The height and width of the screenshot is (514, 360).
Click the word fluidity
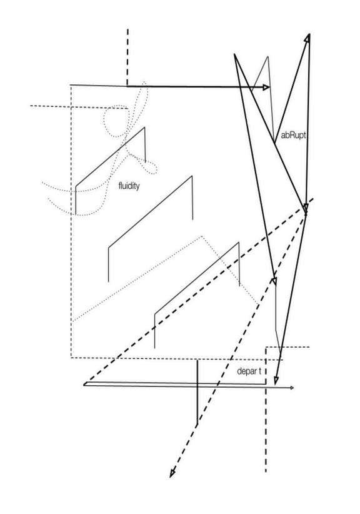tap(129, 186)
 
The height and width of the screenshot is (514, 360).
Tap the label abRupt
tap(293, 136)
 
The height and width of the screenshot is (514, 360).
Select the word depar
tap(246, 371)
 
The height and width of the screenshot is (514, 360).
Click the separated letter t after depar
tap(260, 371)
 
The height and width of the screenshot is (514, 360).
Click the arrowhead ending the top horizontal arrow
tap(266, 87)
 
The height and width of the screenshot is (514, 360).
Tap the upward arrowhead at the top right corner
tap(307, 38)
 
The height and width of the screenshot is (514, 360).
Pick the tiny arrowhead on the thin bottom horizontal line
tap(292, 388)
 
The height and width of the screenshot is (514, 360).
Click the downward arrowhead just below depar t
tap(276, 381)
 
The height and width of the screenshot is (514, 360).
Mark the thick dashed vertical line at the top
tap(127, 58)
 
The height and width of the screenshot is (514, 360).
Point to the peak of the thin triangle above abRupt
tap(268, 56)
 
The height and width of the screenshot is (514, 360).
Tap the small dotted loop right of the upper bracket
tap(150, 167)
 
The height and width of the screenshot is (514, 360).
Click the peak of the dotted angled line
tap(202, 236)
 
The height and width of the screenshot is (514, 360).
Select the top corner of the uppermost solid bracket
tap(144, 127)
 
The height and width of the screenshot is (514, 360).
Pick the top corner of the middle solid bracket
tap(192, 176)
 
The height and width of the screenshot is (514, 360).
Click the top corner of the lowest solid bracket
tap(239, 242)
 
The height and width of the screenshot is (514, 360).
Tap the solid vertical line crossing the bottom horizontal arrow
tap(197, 393)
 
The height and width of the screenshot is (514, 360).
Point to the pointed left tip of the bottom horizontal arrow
tap(84, 385)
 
